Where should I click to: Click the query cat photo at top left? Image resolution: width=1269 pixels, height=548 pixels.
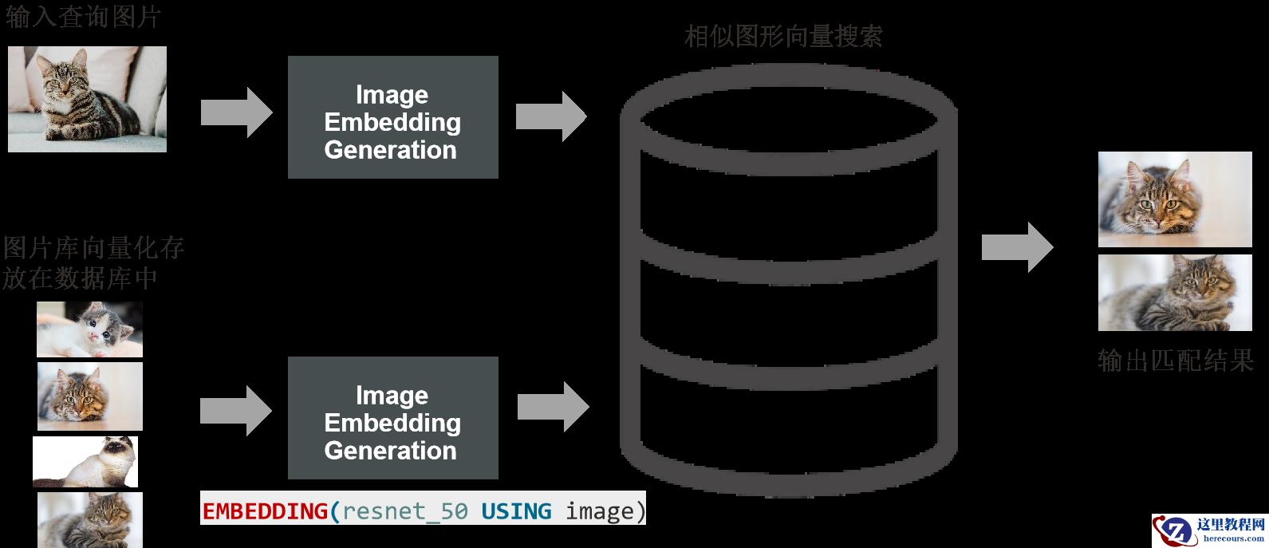pyautogui.click(x=88, y=99)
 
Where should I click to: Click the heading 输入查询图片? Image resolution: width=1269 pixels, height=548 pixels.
pyautogui.click(x=83, y=17)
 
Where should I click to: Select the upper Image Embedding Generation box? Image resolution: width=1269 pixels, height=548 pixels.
pyautogui.click(x=392, y=117)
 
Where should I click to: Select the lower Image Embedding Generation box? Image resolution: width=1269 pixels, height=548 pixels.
pyautogui.click(x=392, y=418)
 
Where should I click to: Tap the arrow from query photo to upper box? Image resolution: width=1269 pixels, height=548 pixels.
pyautogui.click(x=236, y=112)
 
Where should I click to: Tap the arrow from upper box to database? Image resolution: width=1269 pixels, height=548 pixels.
pyautogui.click(x=551, y=116)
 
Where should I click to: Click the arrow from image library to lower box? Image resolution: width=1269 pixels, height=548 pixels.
pyautogui.click(x=236, y=411)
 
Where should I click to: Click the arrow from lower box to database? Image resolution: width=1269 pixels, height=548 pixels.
pyautogui.click(x=553, y=407)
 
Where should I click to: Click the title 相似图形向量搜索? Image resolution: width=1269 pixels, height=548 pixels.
pyautogui.click(x=783, y=36)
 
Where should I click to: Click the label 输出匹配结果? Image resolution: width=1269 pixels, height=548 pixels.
pyautogui.click(x=1176, y=361)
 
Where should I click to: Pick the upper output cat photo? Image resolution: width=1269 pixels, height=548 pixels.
pyautogui.click(x=1175, y=199)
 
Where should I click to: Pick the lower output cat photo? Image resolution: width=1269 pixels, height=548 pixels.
pyautogui.click(x=1175, y=293)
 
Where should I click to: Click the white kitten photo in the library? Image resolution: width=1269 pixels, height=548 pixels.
pyautogui.click(x=90, y=329)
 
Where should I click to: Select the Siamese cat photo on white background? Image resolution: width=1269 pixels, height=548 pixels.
pyautogui.click(x=85, y=462)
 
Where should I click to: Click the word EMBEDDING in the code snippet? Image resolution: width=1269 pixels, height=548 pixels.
pyautogui.click(x=265, y=511)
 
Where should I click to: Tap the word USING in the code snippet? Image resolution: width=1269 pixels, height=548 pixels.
pyautogui.click(x=516, y=511)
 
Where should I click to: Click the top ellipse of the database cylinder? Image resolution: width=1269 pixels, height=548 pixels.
pyautogui.click(x=788, y=114)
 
